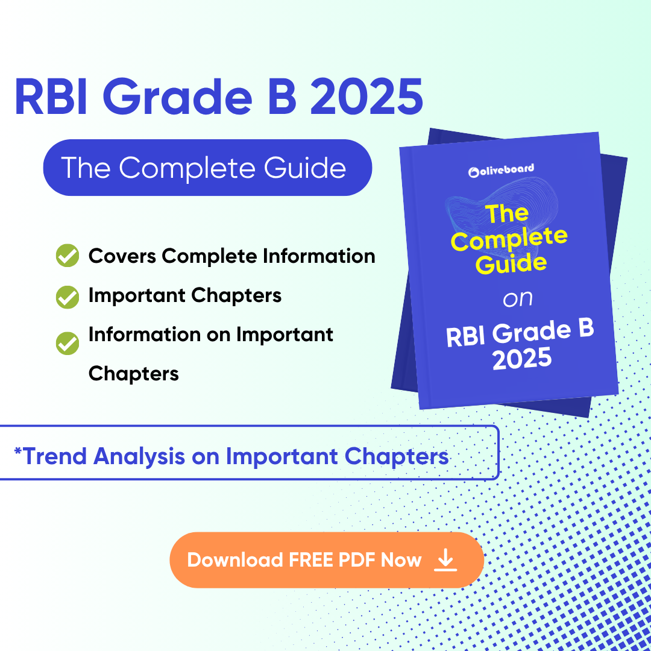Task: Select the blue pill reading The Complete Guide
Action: pos(207,168)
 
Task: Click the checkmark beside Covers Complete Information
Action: pos(67,256)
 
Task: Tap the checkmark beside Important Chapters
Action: pos(67,296)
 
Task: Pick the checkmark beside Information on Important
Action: pos(67,343)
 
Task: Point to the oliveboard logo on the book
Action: pos(501,171)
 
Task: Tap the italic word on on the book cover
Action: pos(517,298)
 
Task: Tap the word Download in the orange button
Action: pos(235,561)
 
